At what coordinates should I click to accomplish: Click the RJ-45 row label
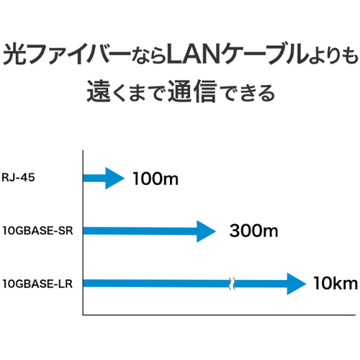click(18, 178)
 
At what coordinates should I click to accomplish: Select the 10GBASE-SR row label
click(37, 230)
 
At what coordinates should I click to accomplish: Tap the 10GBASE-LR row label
click(37, 284)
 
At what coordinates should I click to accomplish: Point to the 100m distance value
click(156, 179)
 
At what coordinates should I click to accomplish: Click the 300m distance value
click(253, 230)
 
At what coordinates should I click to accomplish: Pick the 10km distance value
click(336, 283)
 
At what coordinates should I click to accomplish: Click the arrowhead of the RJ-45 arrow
click(114, 178)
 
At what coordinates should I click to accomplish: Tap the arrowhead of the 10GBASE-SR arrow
click(206, 231)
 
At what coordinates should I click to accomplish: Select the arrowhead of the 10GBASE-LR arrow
click(297, 284)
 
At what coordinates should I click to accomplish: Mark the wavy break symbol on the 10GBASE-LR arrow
click(232, 284)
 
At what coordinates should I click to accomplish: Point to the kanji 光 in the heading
click(15, 54)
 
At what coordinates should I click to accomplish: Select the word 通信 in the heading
click(192, 91)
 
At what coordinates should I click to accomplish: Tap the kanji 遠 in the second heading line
click(99, 91)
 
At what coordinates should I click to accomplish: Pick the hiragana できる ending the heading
click(248, 93)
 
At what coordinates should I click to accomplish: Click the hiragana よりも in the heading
click(333, 55)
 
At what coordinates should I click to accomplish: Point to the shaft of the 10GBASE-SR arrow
click(140, 231)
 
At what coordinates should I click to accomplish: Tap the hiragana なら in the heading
click(149, 55)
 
